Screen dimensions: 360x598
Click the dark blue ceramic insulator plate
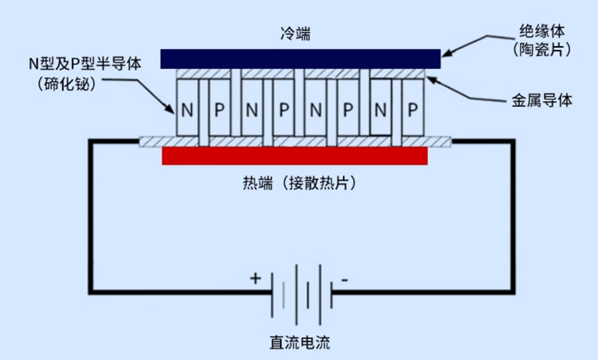click(300, 59)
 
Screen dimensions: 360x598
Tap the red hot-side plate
click(295, 156)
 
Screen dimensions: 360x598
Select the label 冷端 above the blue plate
click(296, 33)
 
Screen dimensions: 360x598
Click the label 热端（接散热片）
click(295, 183)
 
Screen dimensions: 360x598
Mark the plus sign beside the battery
click(256, 278)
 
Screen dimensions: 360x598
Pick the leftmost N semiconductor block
click(187, 108)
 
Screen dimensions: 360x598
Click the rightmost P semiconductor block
click(412, 108)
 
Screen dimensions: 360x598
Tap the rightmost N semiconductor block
click(380, 108)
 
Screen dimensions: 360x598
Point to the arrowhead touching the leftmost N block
click(173, 109)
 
